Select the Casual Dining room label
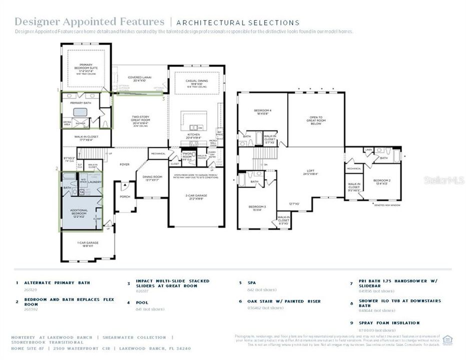[193, 82]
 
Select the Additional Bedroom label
[79, 212]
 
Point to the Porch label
[125, 197]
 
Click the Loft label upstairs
[310, 171]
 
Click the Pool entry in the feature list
[142, 302]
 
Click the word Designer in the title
[36, 21]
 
